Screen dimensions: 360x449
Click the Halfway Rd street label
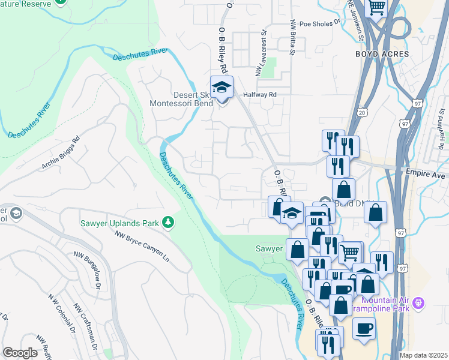259,95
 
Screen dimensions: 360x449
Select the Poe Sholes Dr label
320,24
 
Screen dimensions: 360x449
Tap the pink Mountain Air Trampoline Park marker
419,302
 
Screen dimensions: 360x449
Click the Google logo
20,353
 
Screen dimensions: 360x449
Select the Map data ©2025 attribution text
423,355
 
